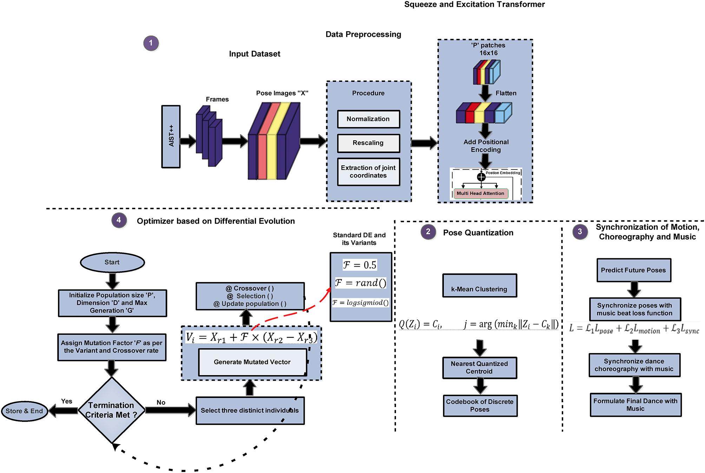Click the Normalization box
click(368, 119)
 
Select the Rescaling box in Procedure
click(368, 143)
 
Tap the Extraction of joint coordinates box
click(368, 172)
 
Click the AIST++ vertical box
click(171, 136)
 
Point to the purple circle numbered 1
click(151, 43)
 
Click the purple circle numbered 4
click(119, 220)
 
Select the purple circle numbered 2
click(428, 232)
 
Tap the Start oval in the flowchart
click(112, 262)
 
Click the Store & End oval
click(24, 411)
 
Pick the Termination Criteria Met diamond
click(111, 410)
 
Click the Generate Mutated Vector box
click(252, 362)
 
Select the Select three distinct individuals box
click(250, 411)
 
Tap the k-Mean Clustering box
click(479, 286)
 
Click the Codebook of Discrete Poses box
click(480, 406)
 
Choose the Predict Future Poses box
click(633, 270)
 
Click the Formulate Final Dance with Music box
click(635, 405)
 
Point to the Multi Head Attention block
click(480, 193)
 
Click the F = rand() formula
click(361, 283)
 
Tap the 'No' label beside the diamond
click(161, 402)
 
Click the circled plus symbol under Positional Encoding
click(481, 177)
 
